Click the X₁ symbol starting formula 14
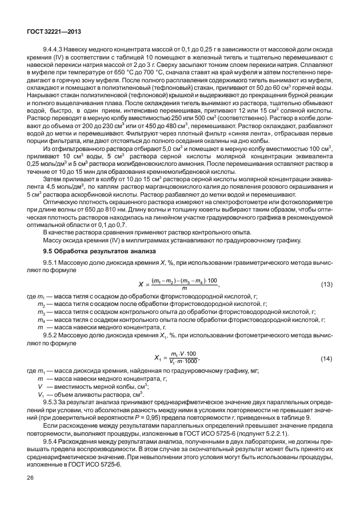pyautogui.click(x=159, y=358)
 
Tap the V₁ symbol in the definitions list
pyautogui.click(x=41, y=395)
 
